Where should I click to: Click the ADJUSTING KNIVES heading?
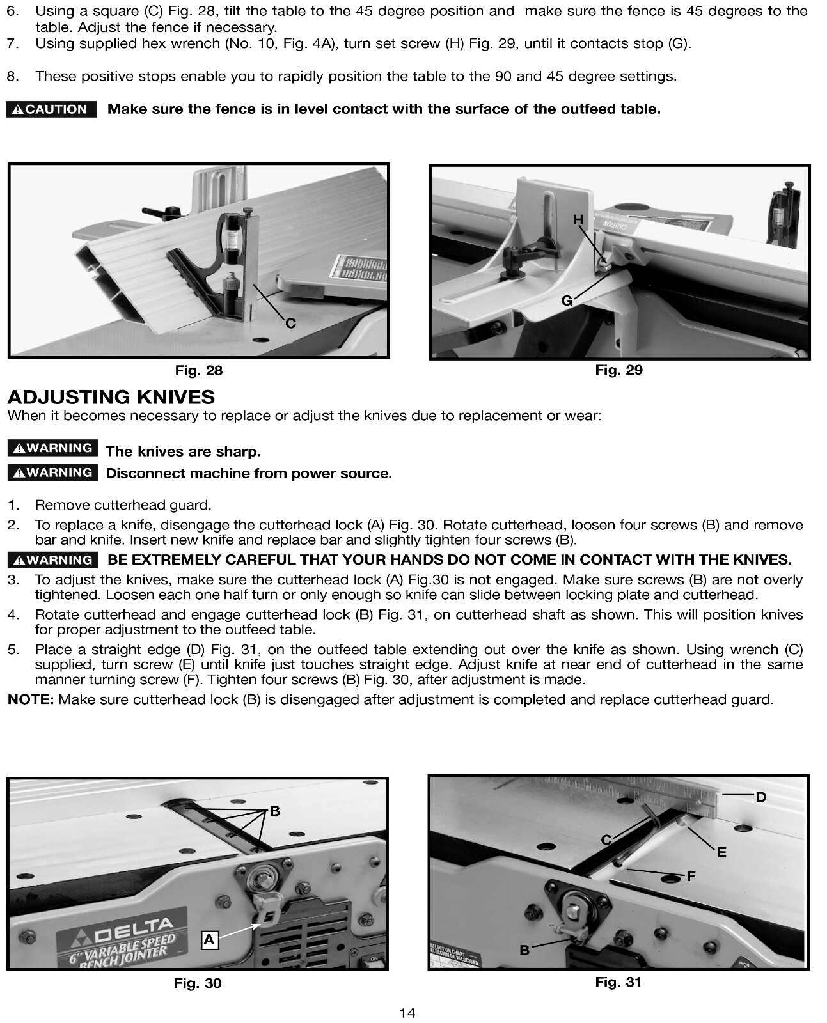(x=111, y=397)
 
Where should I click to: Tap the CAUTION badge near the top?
(x=51, y=109)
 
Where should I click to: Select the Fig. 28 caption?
(x=199, y=370)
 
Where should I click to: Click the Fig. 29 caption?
(x=618, y=370)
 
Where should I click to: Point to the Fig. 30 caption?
(x=198, y=983)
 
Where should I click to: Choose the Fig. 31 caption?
(x=618, y=981)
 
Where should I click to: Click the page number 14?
(x=407, y=1013)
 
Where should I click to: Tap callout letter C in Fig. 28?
(x=290, y=323)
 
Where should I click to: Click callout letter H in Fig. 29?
(x=578, y=220)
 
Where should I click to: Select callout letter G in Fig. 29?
(x=567, y=300)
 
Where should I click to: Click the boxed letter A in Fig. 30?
(x=209, y=939)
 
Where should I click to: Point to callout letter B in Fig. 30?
(x=275, y=811)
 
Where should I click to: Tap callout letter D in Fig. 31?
(x=760, y=797)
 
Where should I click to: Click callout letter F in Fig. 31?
(x=691, y=877)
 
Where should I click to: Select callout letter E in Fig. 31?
(x=721, y=852)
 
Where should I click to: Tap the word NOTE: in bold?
(x=31, y=699)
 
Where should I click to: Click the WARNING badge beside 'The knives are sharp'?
(x=53, y=448)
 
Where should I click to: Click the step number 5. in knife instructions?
(x=13, y=650)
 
